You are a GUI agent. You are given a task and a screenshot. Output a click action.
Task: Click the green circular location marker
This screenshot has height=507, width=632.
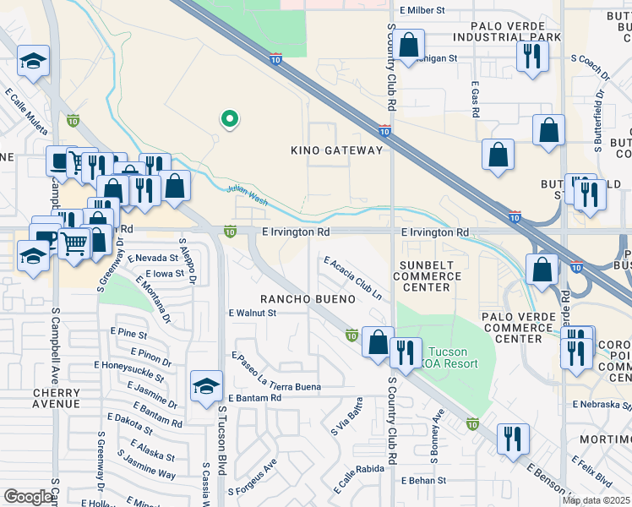[x=227, y=120]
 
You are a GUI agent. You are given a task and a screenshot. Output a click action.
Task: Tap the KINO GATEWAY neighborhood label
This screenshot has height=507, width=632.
[x=336, y=150]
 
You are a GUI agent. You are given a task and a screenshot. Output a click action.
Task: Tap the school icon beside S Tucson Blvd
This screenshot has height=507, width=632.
[x=206, y=387]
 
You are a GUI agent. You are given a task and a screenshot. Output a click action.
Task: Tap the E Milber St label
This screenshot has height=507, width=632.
[x=422, y=10]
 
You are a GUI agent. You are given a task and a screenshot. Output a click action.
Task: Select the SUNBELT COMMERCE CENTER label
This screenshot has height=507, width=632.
[x=426, y=276]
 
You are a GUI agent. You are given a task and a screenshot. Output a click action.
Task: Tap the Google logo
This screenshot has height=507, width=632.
[x=29, y=497]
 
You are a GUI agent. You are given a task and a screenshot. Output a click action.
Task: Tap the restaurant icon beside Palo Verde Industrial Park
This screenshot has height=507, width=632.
[x=532, y=57]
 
